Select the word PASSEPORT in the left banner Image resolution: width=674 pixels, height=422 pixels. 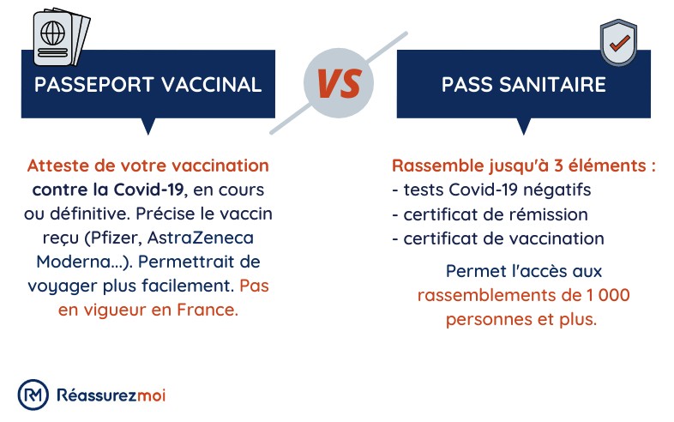coord(88,85)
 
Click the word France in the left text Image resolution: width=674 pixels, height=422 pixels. coord(208,310)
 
